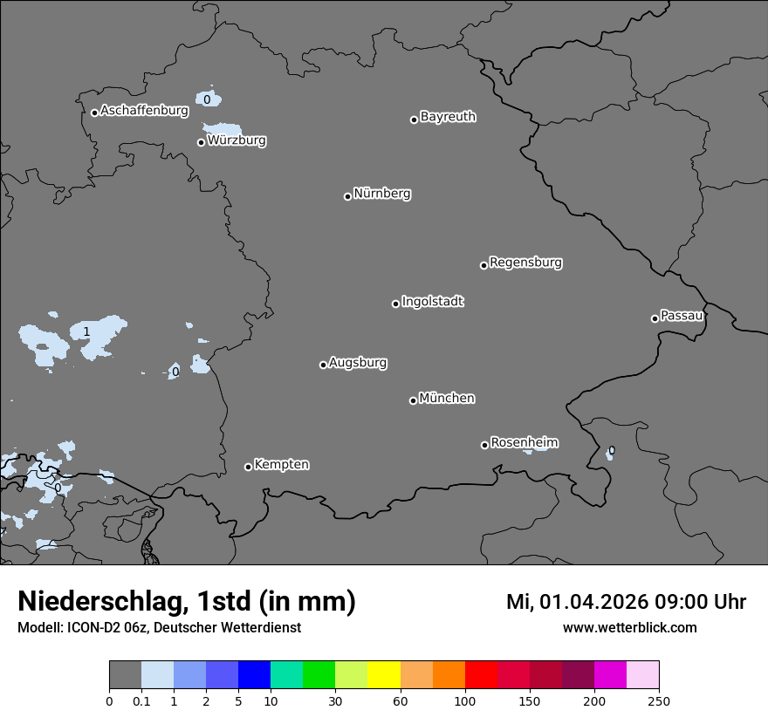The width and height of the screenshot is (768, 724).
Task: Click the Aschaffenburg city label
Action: pyautogui.click(x=144, y=111)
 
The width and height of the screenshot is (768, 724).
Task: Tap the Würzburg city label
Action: pyautogui.click(x=237, y=140)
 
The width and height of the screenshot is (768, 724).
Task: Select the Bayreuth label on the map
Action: pyautogui.click(x=448, y=117)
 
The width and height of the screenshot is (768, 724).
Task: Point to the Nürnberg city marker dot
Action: pyautogui.click(x=347, y=196)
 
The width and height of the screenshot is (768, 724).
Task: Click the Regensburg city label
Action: pyautogui.click(x=525, y=263)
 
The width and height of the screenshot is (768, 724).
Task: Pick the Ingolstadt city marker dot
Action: pyautogui.click(x=395, y=304)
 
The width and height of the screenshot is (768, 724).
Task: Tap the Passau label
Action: pyautogui.click(x=682, y=316)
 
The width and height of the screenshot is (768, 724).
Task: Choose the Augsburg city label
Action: pyautogui.click(x=358, y=363)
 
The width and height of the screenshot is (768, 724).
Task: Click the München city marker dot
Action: pyautogui.click(x=413, y=400)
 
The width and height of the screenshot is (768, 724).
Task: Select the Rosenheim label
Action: pyautogui.click(x=524, y=443)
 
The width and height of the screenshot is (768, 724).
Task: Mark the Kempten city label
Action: pyautogui.click(x=281, y=465)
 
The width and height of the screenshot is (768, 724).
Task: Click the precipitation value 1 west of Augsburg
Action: pyautogui.click(x=86, y=331)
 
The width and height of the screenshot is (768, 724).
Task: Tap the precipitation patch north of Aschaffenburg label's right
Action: pyautogui.click(x=208, y=99)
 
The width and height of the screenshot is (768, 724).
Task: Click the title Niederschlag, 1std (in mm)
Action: pyautogui.click(x=187, y=601)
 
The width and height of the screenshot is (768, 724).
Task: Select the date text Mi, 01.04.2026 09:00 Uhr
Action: pyautogui.click(x=626, y=602)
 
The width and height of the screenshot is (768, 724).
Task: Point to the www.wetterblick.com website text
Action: pyautogui.click(x=629, y=627)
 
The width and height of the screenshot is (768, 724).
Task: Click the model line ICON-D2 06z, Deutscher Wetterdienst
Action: pyautogui.click(x=159, y=627)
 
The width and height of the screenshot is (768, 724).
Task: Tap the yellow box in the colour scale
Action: pyautogui.click(x=384, y=675)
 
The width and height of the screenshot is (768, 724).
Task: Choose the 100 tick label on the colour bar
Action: pyautogui.click(x=465, y=700)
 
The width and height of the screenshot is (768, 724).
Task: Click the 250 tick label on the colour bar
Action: pyautogui.click(x=659, y=700)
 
